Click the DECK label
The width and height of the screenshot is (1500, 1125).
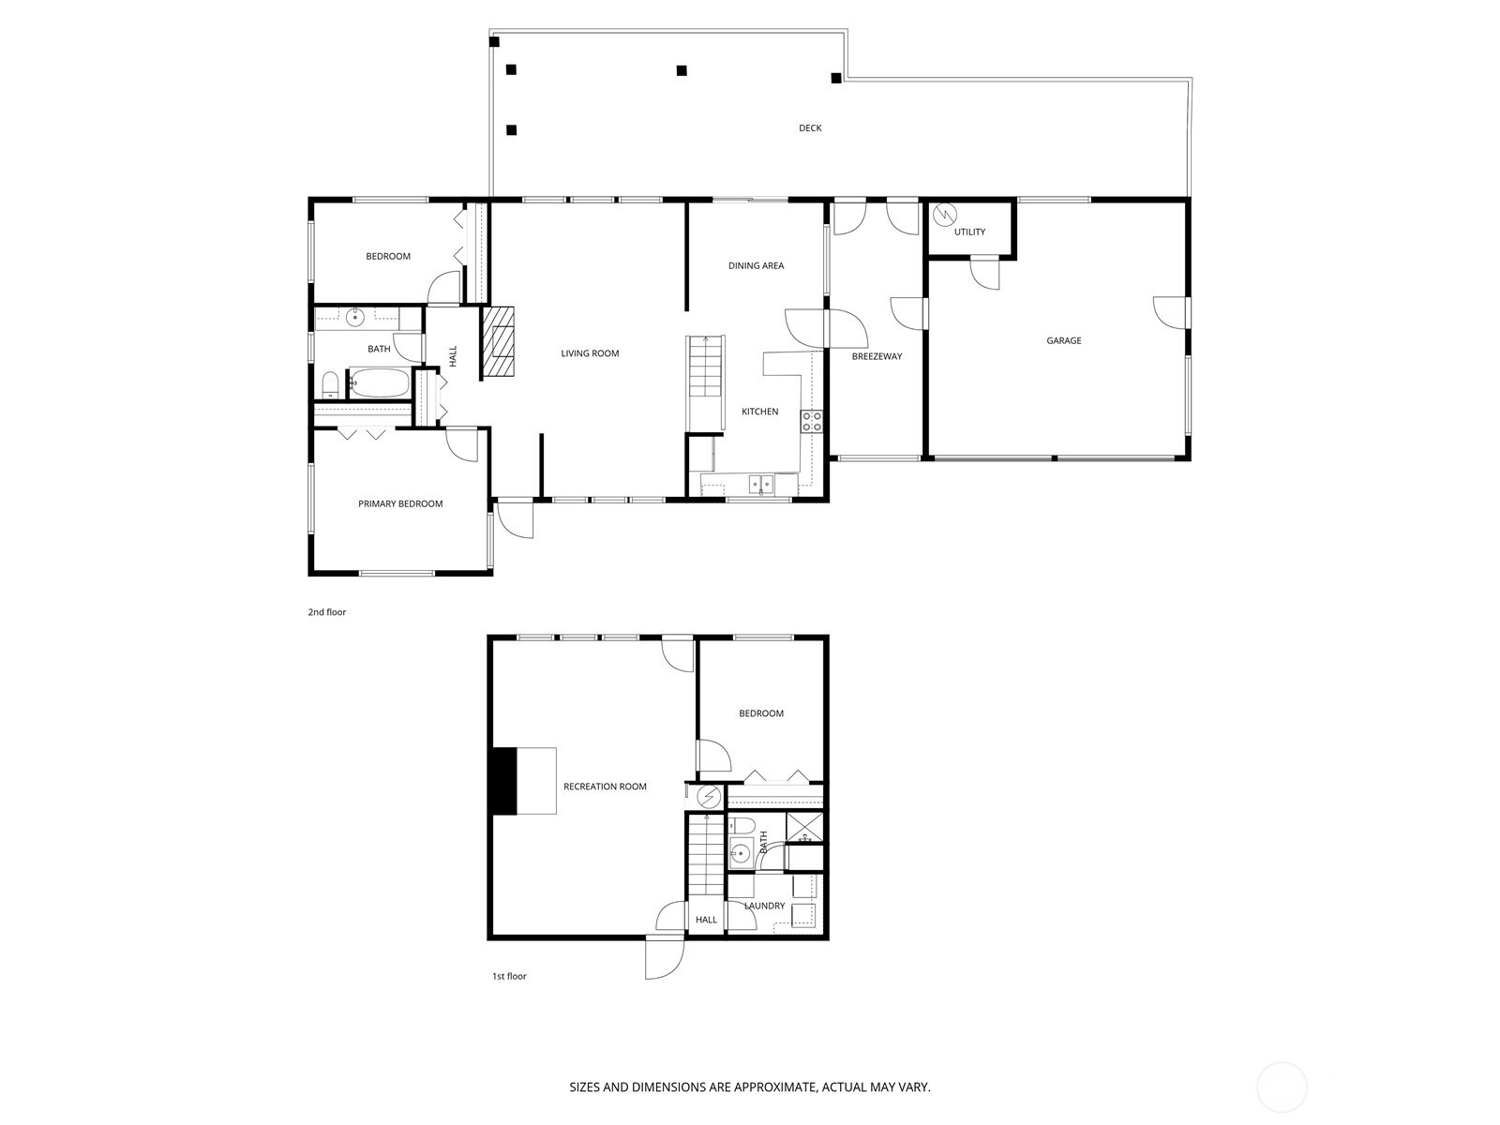click(810, 127)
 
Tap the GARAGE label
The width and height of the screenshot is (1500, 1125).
click(1063, 340)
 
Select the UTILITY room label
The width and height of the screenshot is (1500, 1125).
click(969, 232)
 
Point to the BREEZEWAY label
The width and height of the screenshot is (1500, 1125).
click(877, 356)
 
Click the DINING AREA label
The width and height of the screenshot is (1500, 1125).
click(756, 265)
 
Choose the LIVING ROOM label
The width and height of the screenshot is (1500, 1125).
click(590, 353)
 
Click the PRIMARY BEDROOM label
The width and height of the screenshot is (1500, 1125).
click(400, 503)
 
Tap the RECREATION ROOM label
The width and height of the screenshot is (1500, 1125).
click(605, 787)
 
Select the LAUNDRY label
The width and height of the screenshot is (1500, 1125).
click(765, 906)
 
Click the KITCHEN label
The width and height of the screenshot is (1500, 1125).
click(760, 412)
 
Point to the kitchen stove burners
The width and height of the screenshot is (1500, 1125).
click(812, 421)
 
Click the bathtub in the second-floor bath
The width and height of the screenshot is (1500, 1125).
click(379, 383)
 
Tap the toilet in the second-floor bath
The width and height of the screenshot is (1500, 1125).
click(331, 384)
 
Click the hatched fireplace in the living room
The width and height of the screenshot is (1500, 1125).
click(498, 341)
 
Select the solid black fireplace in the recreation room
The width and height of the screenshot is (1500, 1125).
click(504, 781)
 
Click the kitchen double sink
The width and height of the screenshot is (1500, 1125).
click(761, 485)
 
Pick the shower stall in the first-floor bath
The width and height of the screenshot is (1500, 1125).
click(804, 828)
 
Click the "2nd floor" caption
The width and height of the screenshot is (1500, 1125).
click(326, 612)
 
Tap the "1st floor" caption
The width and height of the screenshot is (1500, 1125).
click(509, 976)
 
